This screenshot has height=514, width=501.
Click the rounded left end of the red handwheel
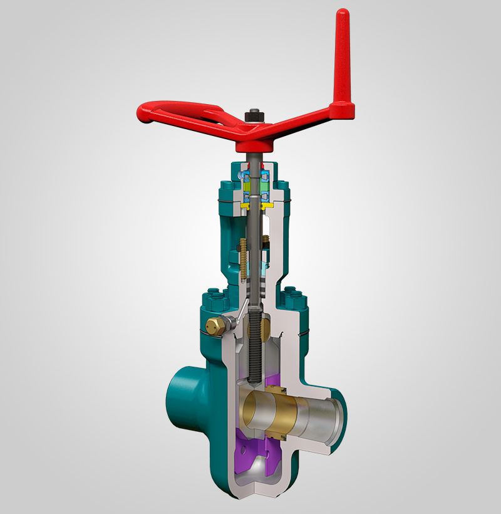click(145, 114)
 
